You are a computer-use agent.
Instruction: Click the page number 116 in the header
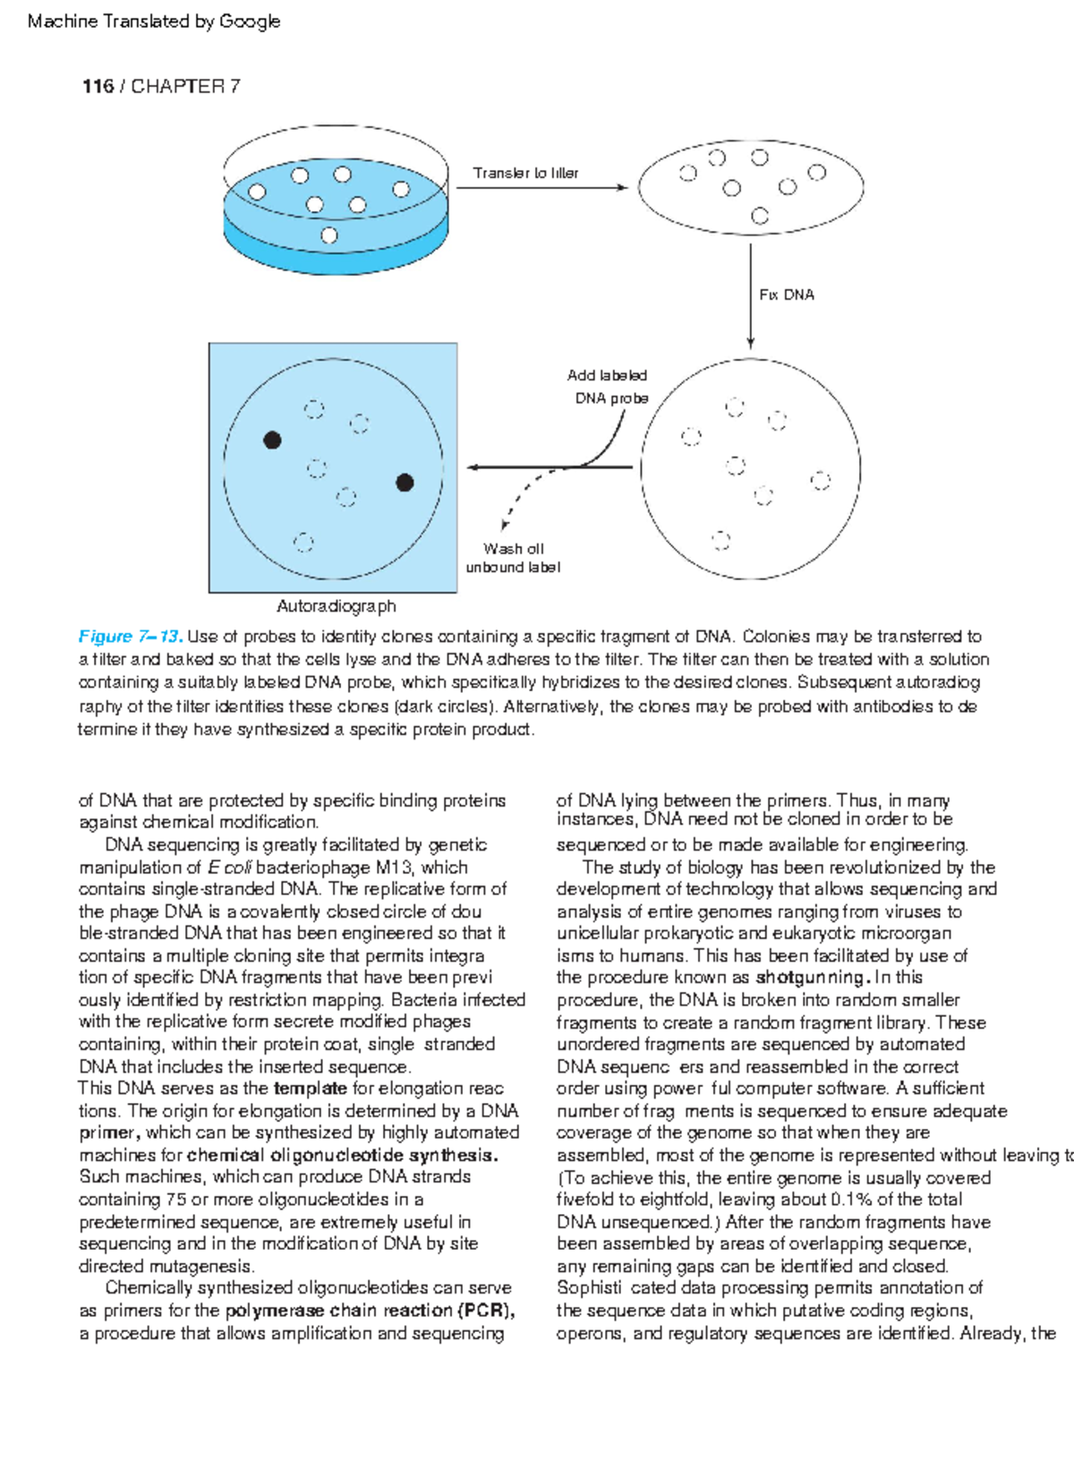pos(98,87)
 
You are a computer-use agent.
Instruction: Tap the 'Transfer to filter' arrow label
pos(525,173)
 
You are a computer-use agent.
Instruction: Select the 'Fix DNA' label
pos(787,295)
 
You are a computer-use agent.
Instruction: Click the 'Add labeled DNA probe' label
pos(609,387)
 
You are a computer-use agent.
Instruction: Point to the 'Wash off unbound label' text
pos(513,558)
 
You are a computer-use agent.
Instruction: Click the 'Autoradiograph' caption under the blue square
pos(337,606)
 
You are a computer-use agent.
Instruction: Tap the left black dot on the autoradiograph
pos(273,440)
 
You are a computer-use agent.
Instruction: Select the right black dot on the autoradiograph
pos(405,483)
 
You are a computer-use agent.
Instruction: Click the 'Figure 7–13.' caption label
pos(131,637)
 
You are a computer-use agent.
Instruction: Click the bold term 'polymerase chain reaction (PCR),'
pos(370,1311)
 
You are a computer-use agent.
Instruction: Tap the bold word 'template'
pos(310,1089)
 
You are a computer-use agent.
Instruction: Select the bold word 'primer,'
pos(109,1132)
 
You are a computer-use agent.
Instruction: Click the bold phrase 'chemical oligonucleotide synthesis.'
pos(343,1155)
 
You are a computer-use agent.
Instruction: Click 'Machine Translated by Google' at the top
pos(154,21)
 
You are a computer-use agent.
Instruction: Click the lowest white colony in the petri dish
pos(329,235)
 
